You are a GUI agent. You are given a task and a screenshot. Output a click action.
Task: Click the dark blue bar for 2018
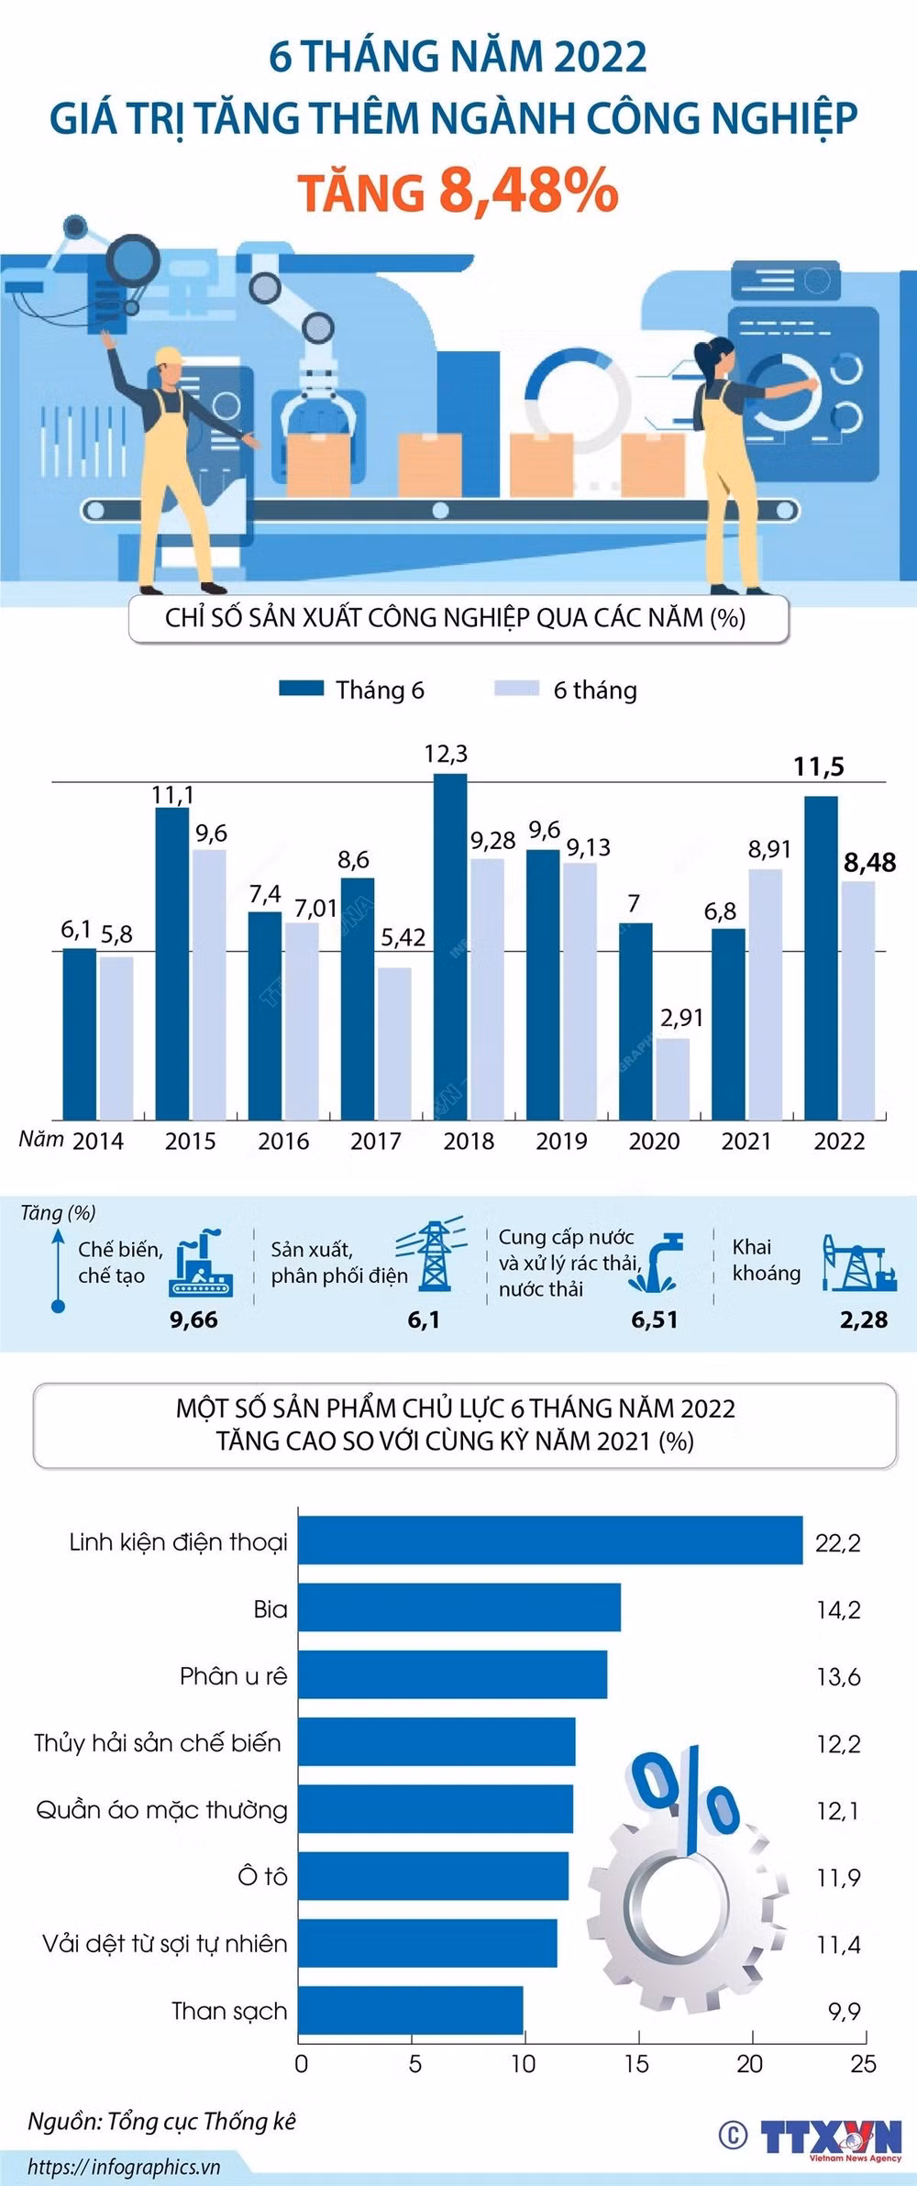coord(449,944)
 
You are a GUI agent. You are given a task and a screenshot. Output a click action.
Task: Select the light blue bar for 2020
coord(672,1078)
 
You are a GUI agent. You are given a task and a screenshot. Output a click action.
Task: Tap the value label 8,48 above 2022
coord(869,863)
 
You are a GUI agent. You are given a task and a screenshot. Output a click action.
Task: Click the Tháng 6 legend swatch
coord(301,689)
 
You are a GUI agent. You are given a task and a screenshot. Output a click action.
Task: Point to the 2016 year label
coord(282,1141)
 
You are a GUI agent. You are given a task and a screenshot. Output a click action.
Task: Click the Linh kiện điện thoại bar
coord(550,1540)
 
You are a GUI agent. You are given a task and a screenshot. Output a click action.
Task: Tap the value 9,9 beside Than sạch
coord(844,2011)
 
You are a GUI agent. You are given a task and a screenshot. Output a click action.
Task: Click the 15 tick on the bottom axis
coord(636,2064)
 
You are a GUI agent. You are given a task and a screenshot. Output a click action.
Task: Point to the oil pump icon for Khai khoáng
coord(858,1263)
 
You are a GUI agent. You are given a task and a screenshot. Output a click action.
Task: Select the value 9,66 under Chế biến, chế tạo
coord(193,1319)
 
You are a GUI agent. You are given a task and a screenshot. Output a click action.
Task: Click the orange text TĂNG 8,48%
coord(458,191)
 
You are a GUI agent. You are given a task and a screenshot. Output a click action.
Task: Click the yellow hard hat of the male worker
coord(171,357)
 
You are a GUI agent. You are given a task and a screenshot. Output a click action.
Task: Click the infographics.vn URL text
coord(124,2167)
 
